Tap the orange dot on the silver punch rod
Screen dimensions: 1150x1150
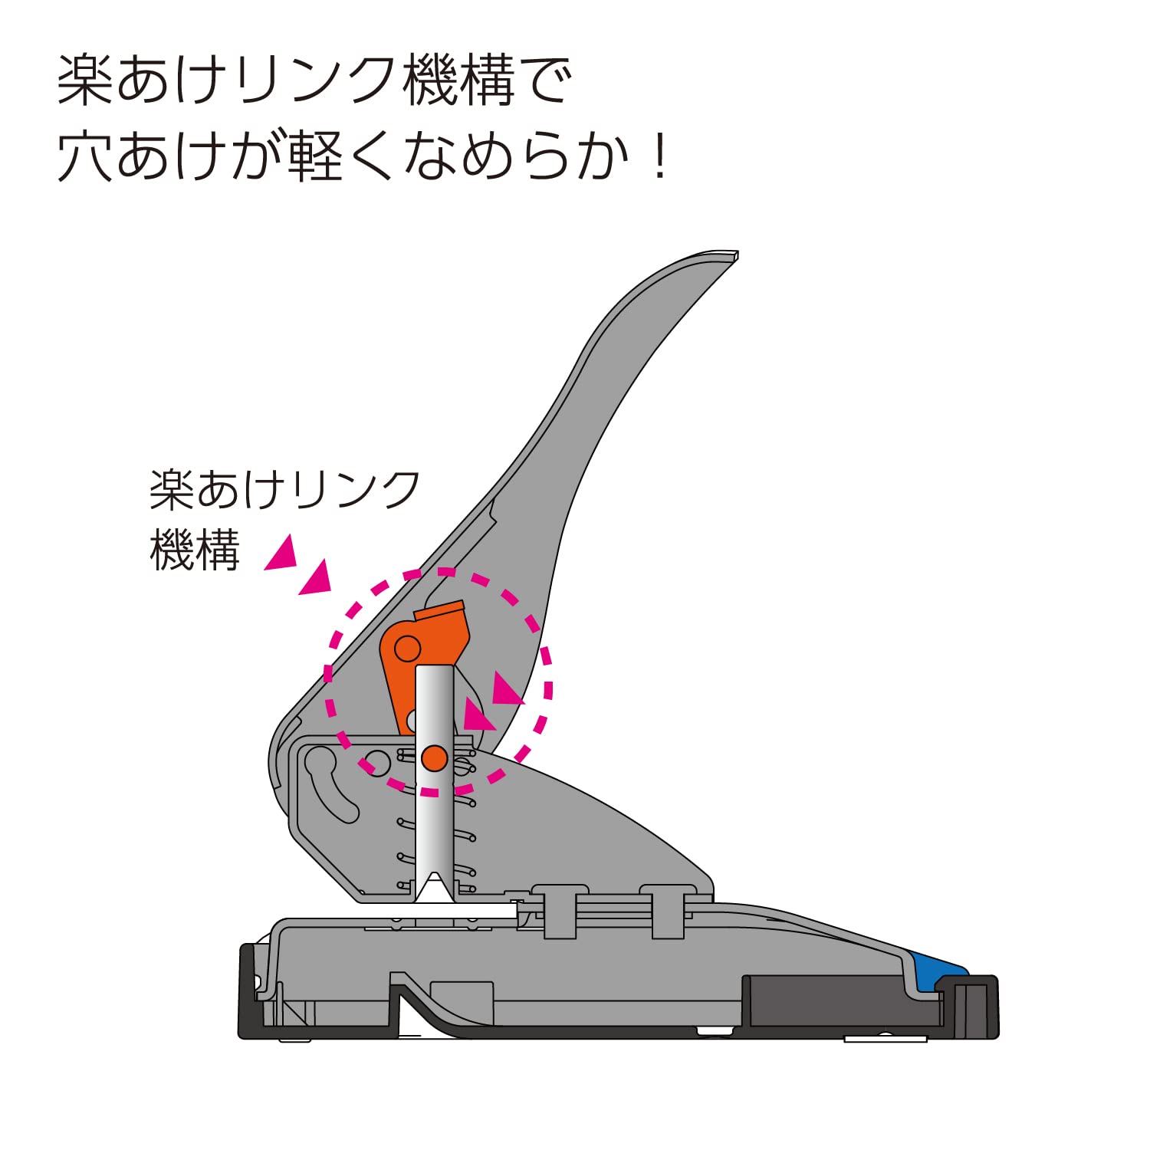(435, 757)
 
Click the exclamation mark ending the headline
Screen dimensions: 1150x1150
(659, 157)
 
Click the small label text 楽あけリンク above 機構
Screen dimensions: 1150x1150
(284, 490)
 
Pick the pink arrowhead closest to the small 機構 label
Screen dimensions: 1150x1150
(282, 554)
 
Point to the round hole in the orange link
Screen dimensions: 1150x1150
(407, 649)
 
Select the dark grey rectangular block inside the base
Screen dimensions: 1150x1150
(824, 1001)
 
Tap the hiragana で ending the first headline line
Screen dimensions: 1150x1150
(547, 80)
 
